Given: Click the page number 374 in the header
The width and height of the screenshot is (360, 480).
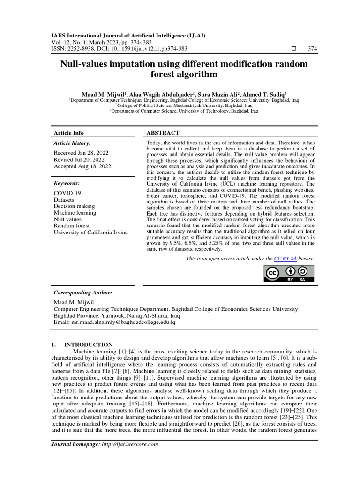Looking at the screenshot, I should pyautogui.click(x=312, y=49).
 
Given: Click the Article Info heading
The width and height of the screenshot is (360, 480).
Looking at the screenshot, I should pyautogui.click(x=69, y=133).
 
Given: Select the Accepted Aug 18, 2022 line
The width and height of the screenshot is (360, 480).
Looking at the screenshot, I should pyautogui.click(x=82, y=166).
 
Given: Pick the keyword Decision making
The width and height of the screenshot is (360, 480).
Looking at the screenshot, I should pyautogui.click(x=74, y=206).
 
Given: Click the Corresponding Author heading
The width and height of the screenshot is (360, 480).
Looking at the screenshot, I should pyautogui.click(x=83, y=292).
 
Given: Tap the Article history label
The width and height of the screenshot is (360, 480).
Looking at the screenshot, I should pyautogui.click(x=73, y=143).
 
